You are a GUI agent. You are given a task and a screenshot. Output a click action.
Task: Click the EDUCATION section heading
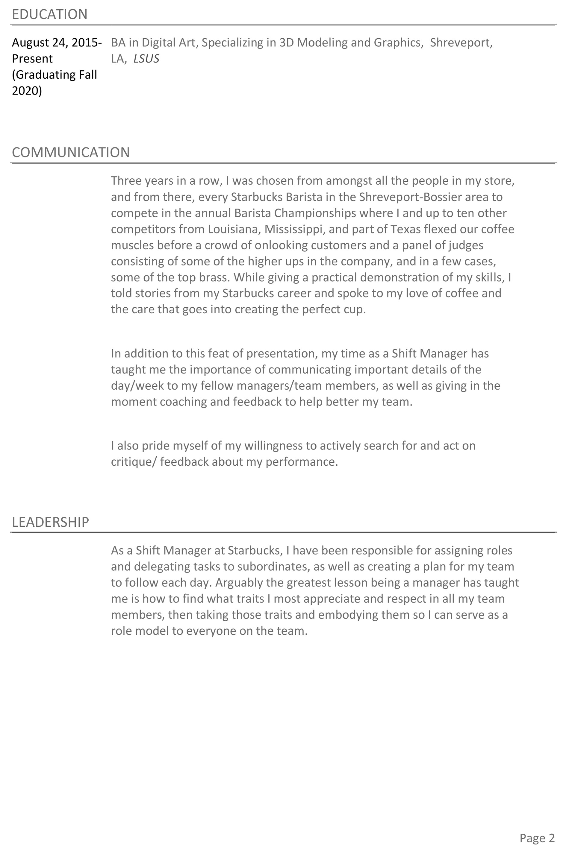50,15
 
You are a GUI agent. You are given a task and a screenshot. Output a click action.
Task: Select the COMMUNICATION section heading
71,152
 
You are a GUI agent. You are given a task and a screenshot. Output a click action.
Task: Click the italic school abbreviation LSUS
146,59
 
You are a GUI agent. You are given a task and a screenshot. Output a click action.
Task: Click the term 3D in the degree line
286,43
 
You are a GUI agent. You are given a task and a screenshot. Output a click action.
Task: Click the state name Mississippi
295,229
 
